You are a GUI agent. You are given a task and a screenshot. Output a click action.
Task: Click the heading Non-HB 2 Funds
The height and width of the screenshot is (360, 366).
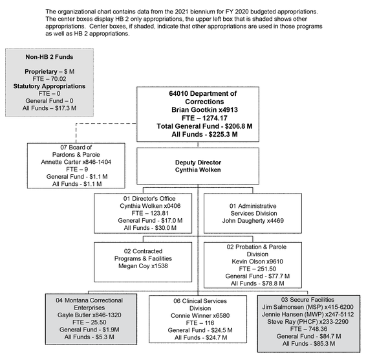[x=49, y=57]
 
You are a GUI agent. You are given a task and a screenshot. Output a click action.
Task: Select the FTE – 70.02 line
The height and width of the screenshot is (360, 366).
[x=49, y=79]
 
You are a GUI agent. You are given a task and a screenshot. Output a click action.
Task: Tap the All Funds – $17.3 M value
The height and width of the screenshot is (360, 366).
[x=49, y=108]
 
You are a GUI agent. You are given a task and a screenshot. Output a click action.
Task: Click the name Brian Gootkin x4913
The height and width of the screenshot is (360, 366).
[x=204, y=110]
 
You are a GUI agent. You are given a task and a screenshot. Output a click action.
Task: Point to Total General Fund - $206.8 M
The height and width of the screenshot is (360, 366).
[x=204, y=126]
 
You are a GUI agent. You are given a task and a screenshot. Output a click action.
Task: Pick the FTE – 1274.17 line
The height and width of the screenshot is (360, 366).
[x=204, y=118]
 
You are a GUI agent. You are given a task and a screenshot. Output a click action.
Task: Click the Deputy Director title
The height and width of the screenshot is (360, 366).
[x=198, y=163]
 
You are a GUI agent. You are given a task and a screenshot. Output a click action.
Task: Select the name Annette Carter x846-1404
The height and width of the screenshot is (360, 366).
[x=76, y=162]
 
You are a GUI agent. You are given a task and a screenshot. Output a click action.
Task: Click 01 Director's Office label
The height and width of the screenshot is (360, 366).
[x=149, y=199]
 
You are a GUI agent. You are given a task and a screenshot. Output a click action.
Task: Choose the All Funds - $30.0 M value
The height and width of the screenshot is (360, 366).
[x=150, y=228]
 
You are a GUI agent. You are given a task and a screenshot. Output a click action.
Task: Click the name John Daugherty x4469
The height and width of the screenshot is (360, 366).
[x=253, y=221]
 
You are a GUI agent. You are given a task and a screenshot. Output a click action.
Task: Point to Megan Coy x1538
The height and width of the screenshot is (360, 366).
[x=143, y=266]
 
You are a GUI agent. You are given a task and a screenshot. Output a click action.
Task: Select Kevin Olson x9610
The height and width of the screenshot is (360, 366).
[x=257, y=262]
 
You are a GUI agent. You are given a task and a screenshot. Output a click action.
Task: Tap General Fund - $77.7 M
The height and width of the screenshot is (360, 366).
[x=257, y=276]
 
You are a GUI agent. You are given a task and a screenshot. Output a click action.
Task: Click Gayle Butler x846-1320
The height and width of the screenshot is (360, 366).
[x=89, y=315]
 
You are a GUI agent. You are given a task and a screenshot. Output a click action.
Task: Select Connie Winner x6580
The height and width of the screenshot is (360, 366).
[x=200, y=316]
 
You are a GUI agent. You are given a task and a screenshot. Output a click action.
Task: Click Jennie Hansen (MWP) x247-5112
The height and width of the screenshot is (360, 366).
[x=308, y=315]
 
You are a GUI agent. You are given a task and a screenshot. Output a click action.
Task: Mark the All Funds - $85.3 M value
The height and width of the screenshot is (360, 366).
[x=308, y=344]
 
